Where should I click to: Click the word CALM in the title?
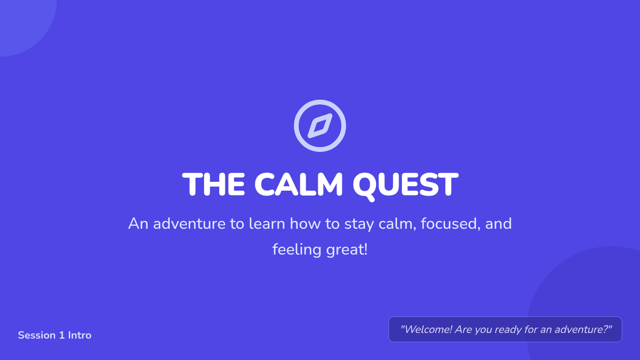[x=298, y=185]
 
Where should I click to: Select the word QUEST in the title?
[x=405, y=186]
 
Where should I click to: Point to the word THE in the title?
[x=213, y=185]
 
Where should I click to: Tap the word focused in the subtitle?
[x=449, y=223]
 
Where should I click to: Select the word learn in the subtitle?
[x=267, y=223]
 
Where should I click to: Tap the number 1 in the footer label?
[x=61, y=335]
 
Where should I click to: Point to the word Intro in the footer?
[x=79, y=335]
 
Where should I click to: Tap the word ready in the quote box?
[x=508, y=330]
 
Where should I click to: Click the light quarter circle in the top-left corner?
[x=23, y=23]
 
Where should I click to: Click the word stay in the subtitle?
[x=359, y=224]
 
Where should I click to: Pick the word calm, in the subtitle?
[x=397, y=223]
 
